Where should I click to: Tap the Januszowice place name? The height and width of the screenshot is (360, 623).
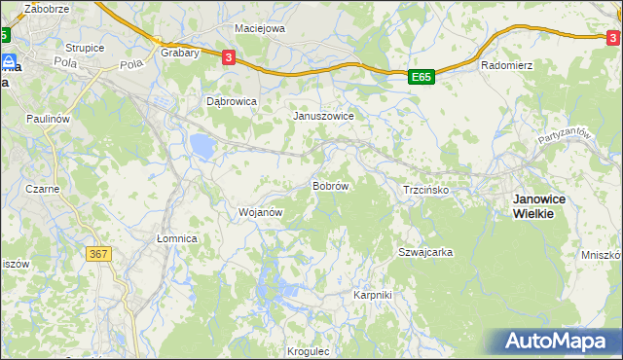[x=323, y=115]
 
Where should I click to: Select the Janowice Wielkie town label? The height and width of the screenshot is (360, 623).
[x=545, y=205]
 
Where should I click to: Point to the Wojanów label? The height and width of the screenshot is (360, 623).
[x=260, y=211]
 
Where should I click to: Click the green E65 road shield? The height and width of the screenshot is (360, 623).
[x=421, y=76]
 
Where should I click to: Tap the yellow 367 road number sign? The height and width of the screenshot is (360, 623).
[x=98, y=254]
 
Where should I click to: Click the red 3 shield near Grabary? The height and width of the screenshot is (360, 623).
[x=228, y=57]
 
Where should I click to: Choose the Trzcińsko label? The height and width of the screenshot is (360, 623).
[x=425, y=190]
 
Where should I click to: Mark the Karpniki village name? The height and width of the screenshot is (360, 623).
[x=372, y=294]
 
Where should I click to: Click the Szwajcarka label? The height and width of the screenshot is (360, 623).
[x=425, y=252]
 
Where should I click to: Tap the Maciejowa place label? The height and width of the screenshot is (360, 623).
[x=260, y=28]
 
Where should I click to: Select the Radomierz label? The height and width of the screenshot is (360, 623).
[x=504, y=66]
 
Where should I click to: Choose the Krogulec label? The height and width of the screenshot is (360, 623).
[x=310, y=351]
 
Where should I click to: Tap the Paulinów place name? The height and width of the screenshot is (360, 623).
[x=49, y=118]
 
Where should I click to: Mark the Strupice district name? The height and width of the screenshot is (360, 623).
[x=85, y=47]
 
